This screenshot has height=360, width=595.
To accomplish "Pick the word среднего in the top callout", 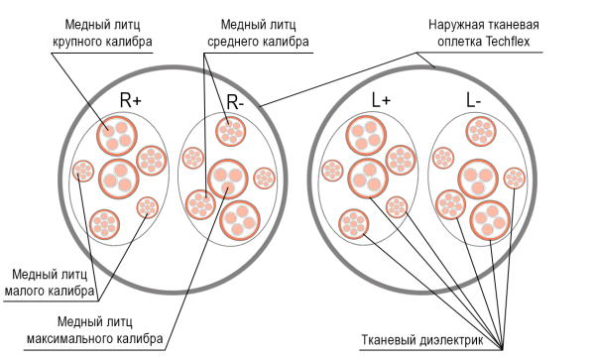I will point(237,42).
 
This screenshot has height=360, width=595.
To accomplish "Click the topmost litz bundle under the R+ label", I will point(115,134).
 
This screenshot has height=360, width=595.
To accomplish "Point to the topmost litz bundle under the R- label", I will point(230,131).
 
